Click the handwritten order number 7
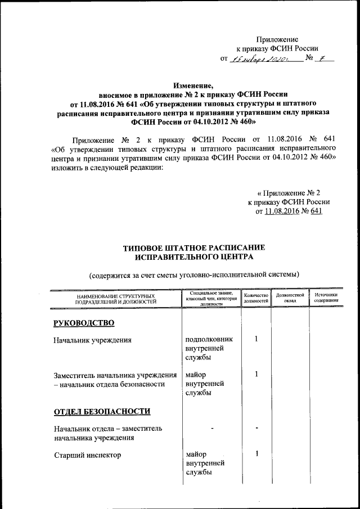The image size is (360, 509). (322, 57)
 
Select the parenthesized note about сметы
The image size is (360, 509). (193, 274)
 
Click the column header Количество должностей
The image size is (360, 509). (255, 298)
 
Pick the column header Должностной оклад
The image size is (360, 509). (290, 298)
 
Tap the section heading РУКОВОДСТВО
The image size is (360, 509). (84, 323)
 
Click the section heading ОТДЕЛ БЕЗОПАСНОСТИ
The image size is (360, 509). (102, 412)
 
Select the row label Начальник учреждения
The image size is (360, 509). (93, 340)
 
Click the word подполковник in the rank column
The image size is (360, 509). (209, 340)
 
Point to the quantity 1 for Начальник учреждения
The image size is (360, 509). (256, 339)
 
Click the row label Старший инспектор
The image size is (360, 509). (87, 454)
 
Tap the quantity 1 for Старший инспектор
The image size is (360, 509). (256, 454)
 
